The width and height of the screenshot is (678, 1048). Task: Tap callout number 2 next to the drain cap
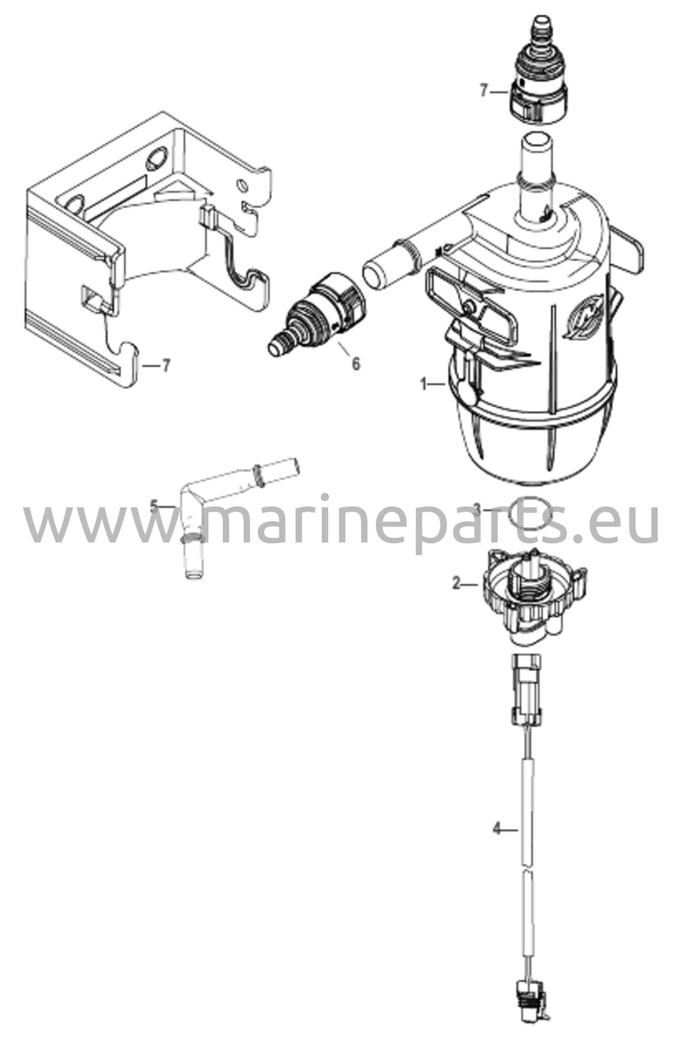pyautogui.click(x=457, y=583)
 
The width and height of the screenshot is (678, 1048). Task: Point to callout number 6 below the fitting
pyautogui.click(x=355, y=364)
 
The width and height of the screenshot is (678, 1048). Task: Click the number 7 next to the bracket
pyautogui.click(x=165, y=366)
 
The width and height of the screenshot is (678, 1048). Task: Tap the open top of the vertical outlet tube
pyautogui.click(x=534, y=140)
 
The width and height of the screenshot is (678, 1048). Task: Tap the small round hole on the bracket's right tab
pyautogui.click(x=242, y=184)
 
